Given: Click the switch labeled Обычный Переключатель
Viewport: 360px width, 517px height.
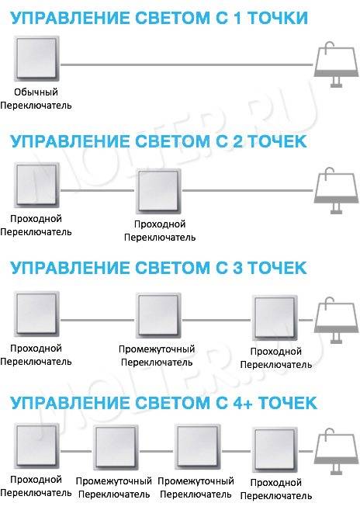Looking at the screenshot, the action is [x=36, y=58].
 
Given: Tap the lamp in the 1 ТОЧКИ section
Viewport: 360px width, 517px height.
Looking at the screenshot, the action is [x=336, y=64].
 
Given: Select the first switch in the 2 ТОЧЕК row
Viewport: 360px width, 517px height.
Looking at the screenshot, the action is [x=36, y=185].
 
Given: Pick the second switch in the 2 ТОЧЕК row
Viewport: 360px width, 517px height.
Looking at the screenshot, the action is [x=160, y=191].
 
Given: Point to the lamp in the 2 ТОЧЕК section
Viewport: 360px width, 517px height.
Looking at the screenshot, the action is [x=336, y=190].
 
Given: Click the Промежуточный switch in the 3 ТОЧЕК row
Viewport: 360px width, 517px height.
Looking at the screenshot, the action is [x=160, y=315].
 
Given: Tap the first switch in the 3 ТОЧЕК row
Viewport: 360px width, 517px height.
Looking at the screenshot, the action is [x=36, y=314].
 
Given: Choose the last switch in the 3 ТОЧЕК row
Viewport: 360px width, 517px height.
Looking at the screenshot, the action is [x=275, y=318].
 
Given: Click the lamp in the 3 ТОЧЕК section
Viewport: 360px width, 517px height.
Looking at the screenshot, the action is [x=336, y=320].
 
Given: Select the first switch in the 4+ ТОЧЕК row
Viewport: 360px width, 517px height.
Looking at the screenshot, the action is [x=36, y=446].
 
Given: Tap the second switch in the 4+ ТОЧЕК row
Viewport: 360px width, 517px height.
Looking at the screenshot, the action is [x=116, y=447].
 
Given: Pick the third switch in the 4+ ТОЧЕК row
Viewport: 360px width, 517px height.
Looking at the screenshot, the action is [x=198, y=447].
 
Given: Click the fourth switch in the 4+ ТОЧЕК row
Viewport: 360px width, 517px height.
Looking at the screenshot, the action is [x=275, y=449].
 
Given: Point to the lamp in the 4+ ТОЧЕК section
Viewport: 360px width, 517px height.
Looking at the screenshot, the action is [x=336, y=451].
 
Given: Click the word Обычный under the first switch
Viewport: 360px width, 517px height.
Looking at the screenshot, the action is [x=36, y=92].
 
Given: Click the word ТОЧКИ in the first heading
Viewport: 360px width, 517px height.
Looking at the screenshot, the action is [x=278, y=18].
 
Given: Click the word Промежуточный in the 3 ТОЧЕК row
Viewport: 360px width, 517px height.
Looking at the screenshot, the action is [x=157, y=349].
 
